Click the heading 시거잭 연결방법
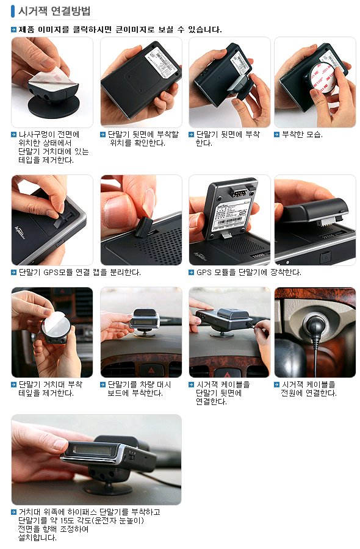pos(54,11)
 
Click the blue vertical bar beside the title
pos(13,11)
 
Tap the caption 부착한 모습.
pos(302,134)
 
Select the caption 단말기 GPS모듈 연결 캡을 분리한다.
pos(80,273)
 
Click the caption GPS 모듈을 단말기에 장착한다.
pos(248,273)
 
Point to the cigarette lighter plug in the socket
pos(314,326)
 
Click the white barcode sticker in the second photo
pos(162,62)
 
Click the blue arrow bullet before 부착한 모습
pos(276,134)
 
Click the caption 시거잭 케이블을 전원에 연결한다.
pos(309,389)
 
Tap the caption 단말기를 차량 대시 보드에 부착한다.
pos(139,389)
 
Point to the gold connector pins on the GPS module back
pos(238,192)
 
